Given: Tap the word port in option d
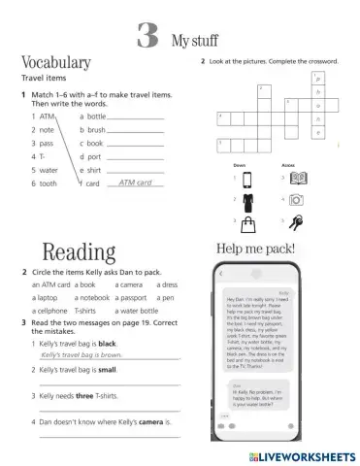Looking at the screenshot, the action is pyautogui.click(x=94, y=155).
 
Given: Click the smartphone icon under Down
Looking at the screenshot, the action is pyautogui.click(x=247, y=179).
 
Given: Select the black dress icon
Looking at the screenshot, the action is pyautogui.click(x=247, y=201).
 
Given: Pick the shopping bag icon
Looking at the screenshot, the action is pyautogui.click(x=247, y=222).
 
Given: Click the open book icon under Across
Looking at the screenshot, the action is pyautogui.click(x=299, y=178).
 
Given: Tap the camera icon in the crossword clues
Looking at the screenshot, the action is pyautogui.click(x=297, y=200).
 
